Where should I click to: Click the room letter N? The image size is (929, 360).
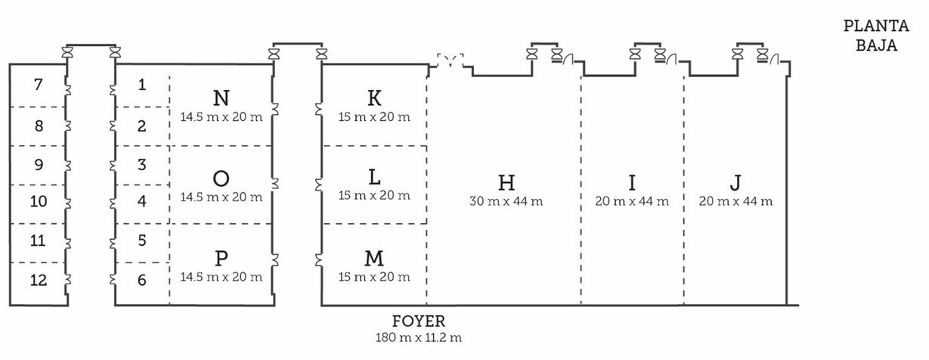[221, 98]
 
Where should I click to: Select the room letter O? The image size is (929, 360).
[221, 178]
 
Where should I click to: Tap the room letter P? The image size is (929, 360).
[221, 259]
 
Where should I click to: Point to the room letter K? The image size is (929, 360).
[374, 98]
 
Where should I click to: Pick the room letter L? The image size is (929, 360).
[374, 178]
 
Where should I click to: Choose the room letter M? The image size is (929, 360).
[374, 259]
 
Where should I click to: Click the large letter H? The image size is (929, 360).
[506, 182]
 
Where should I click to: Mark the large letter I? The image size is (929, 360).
[632, 182]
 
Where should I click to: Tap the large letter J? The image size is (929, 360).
[735, 182]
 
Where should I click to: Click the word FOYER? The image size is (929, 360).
[419, 321]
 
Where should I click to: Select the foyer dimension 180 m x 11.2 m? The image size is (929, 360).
[419, 337]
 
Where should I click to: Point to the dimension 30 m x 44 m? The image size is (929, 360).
[506, 202]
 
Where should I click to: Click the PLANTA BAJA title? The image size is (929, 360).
[876, 36]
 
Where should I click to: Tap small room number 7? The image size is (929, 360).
[39, 85]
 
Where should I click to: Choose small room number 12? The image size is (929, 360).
[38, 281]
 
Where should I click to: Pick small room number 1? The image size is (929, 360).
[142, 85]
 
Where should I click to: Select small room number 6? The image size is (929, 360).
[142, 281]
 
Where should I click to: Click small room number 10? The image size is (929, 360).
[38, 202]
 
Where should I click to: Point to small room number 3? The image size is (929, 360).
[142, 165]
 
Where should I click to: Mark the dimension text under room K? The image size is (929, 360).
[374, 117]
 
